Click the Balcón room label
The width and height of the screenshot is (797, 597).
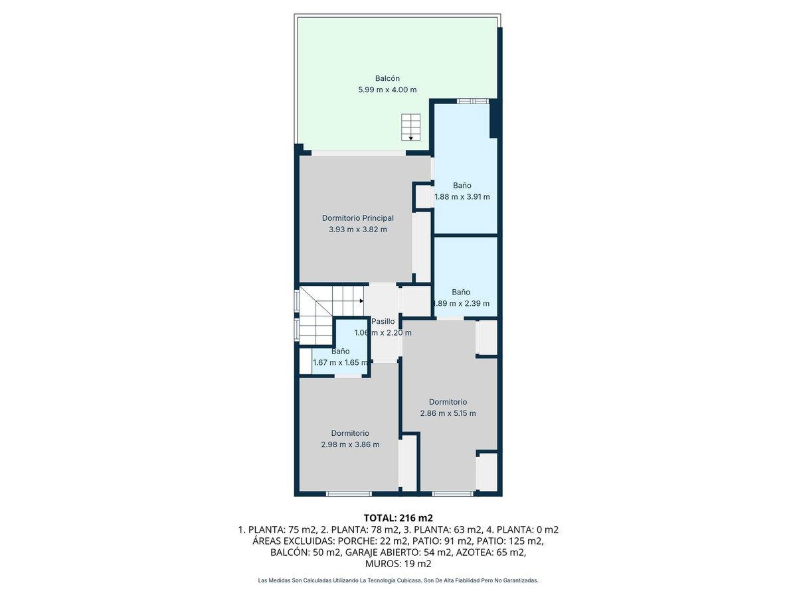387,78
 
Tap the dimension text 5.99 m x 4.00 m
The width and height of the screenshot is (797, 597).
387,90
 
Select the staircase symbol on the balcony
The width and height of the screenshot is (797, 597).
410,127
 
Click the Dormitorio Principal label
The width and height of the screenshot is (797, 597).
357,218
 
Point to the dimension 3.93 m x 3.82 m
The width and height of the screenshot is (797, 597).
357,230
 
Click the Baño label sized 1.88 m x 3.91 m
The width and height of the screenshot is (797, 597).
462,186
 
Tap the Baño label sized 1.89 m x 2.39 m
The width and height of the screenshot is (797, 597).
461,292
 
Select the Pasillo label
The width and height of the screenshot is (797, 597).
383,322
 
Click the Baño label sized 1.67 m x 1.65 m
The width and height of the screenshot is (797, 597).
340,352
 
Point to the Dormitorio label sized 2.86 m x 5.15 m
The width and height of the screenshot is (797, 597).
448,402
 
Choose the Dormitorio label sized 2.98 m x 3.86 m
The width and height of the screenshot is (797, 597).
350,433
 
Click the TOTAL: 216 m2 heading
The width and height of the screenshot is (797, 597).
398,517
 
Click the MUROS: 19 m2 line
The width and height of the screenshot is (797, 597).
398,564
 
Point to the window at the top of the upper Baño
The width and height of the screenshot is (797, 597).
472,101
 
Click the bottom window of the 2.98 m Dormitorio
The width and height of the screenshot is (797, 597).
349,494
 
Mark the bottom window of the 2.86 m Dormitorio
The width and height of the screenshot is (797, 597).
453,494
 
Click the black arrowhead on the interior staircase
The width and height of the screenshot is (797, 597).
362,301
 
